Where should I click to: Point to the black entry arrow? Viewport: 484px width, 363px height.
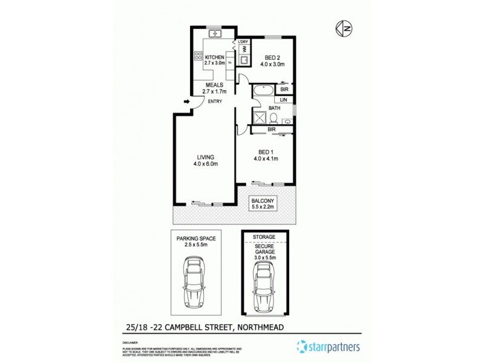click(185, 102)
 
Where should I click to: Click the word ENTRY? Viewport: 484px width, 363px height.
click(215, 102)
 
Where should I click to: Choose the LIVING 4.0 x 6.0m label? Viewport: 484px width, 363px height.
click(205, 160)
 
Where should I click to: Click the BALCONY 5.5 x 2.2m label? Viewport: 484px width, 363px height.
click(263, 204)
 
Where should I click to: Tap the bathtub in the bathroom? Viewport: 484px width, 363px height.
click(264, 91)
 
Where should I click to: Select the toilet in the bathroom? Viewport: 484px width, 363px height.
click(273, 116)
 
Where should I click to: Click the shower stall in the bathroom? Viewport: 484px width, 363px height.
click(259, 117)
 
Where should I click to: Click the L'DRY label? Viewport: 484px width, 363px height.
click(243, 41)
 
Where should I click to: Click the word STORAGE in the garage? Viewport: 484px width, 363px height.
click(264, 237)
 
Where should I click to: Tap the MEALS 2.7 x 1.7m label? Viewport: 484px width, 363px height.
click(215, 88)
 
